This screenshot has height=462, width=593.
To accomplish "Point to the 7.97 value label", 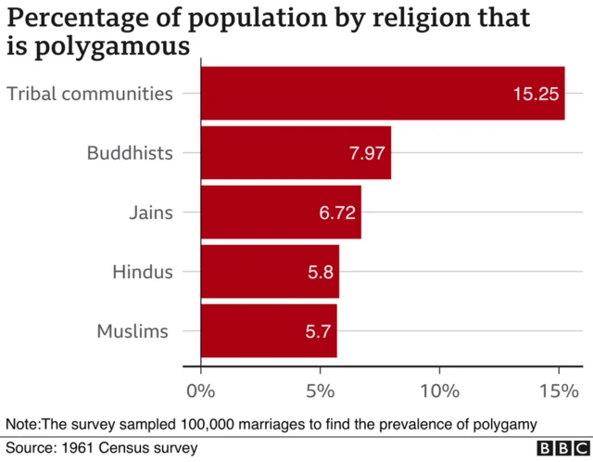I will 367,154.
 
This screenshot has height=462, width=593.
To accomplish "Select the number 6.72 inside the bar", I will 337,213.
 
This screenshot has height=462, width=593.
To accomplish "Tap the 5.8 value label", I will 320,273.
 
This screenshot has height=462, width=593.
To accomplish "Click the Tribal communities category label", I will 89,94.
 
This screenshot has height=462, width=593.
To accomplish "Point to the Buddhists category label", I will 130,153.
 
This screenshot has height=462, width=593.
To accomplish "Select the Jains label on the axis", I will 150,212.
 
